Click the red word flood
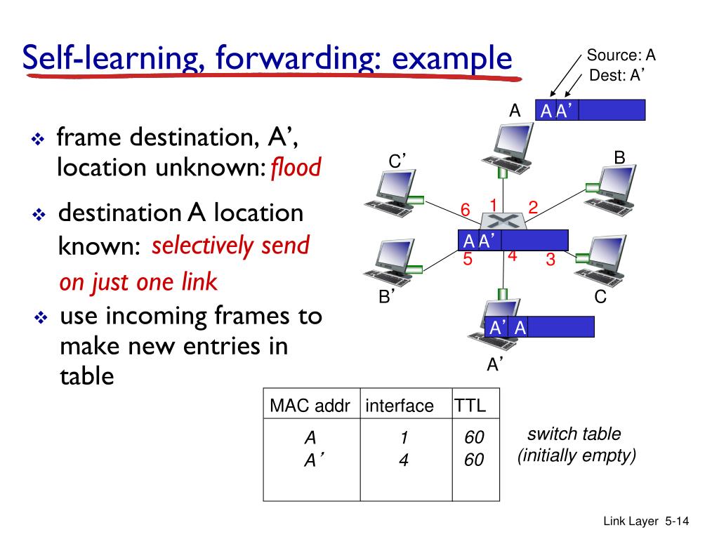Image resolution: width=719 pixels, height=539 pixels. pos(296,168)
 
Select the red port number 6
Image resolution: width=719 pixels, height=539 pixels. pos(465,210)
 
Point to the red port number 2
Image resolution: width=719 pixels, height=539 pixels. pos(533,207)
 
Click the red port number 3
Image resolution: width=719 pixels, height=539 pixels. pos(550,260)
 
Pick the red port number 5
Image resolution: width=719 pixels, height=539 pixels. pos(468,260)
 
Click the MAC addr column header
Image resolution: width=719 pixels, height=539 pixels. pos(310,406)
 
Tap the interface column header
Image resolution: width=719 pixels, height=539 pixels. pos(400,406)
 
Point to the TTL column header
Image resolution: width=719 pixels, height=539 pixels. pos(470,406)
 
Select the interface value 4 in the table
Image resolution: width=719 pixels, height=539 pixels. pos(403,461)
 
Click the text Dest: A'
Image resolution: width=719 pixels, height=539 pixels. pos(617,76)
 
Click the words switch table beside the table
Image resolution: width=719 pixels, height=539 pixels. pos(574,434)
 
